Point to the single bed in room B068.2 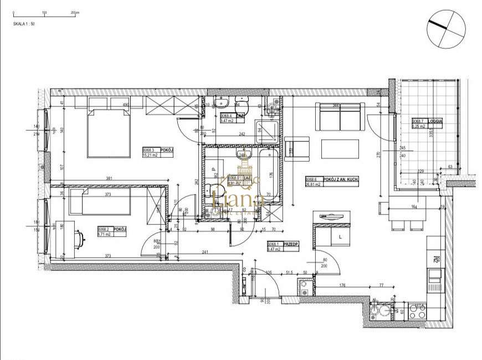pos(100,202)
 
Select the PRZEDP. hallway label pos(283,246)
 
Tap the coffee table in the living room pos(340,149)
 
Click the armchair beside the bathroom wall pos(298,148)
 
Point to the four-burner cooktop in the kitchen pos(417,311)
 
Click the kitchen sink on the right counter pos(434,275)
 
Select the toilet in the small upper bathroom pos(241,104)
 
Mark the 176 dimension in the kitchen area pos(342,286)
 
